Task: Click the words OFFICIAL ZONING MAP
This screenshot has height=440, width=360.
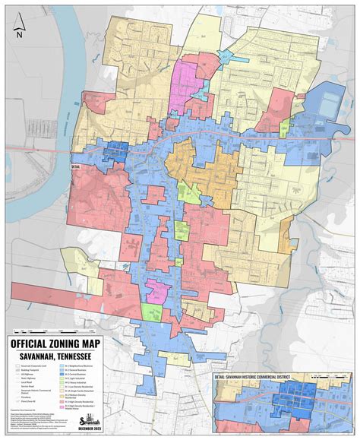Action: (x=52, y=343)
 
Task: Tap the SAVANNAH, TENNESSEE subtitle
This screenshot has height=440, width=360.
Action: (x=52, y=356)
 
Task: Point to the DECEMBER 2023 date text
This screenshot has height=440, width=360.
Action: (x=89, y=429)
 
